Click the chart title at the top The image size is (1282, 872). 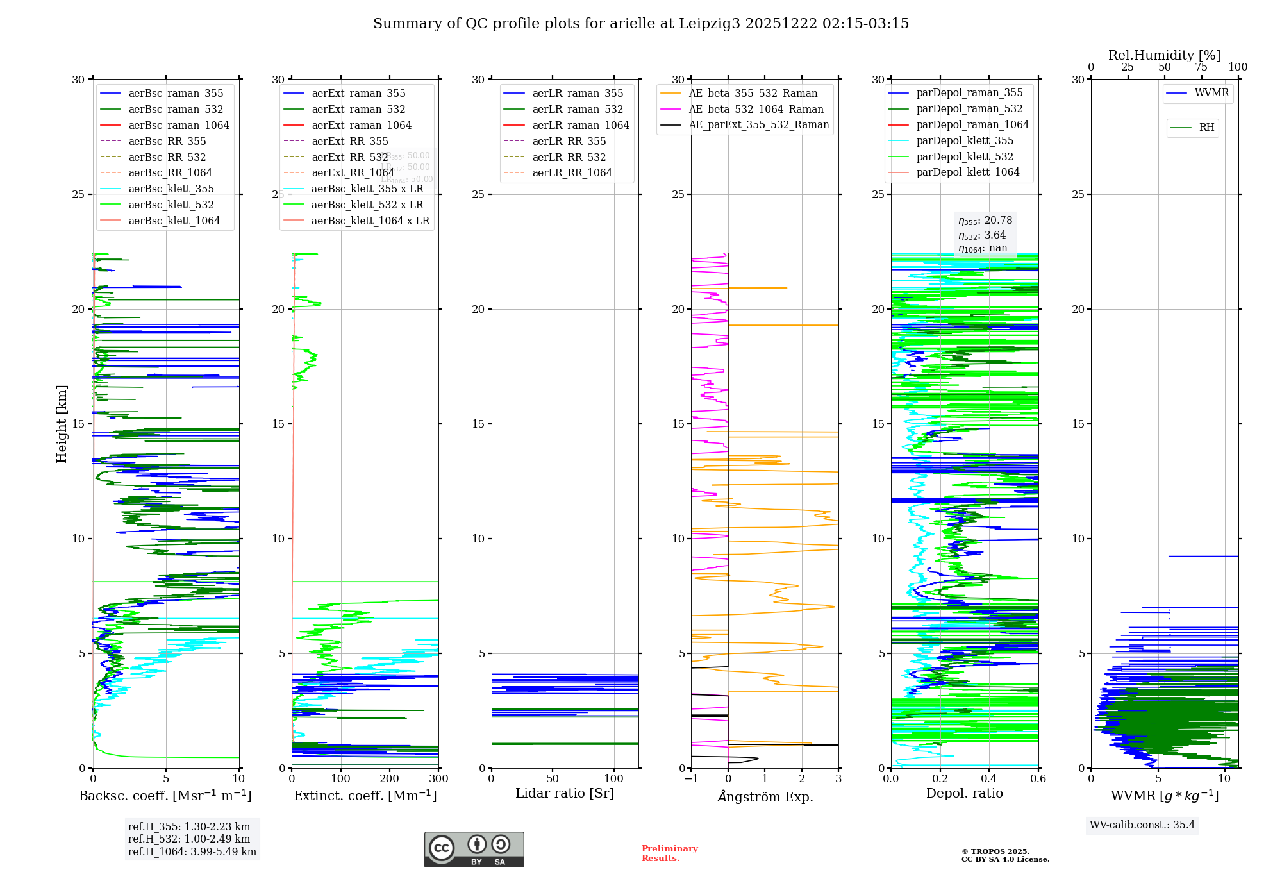641,24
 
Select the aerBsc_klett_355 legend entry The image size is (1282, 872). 171,189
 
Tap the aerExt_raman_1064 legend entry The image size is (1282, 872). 362,126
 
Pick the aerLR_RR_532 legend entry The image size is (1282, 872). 569,157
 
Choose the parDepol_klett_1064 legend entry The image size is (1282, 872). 967,172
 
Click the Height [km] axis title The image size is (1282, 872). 62,424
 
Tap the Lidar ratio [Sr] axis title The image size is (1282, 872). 565,794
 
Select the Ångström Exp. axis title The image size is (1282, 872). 765,797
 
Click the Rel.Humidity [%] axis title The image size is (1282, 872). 1164,56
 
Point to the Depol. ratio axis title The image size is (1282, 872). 964,794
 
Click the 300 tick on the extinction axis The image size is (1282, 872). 439,779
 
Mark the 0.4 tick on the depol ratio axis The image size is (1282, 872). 989,779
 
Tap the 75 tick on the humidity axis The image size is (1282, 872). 1201,67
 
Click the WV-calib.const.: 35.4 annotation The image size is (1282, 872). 1142,825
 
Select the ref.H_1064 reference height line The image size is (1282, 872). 192,852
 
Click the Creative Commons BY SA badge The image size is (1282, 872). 474,849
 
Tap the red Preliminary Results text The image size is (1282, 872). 669,853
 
